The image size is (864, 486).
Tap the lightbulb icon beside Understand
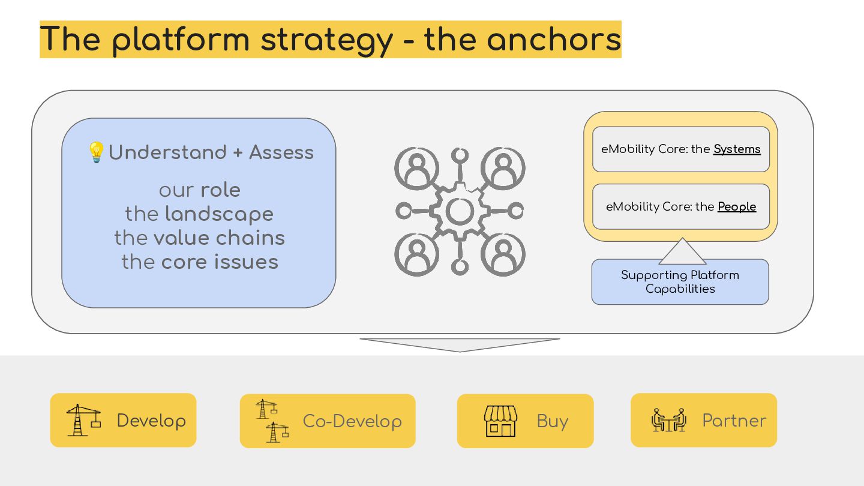(x=96, y=152)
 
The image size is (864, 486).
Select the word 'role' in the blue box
(x=220, y=190)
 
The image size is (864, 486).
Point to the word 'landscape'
(x=219, y=214)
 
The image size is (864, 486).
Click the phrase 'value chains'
(x=219, y=238)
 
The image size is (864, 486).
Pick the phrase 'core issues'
(x=220, y=262)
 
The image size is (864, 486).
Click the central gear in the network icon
(x=460, y=211)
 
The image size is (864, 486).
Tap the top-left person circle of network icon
(x=416, y=169)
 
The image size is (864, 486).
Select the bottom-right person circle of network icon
(x=503, y=254)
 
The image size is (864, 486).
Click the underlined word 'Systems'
(x=737, y=149)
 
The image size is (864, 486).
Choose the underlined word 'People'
(x=737, y=207)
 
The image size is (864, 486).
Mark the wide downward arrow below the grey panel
(x=460, y=344)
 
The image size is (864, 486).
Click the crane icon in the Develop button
(x=83, y=420)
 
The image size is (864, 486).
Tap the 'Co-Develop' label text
(x=352, y=421)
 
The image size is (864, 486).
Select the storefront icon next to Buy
(x=500, y=421)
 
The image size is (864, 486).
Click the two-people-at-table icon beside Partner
(x=668, y=420)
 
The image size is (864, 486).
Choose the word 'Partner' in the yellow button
(x=734, y=421)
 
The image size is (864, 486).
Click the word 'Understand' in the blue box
(x=167, y=152)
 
